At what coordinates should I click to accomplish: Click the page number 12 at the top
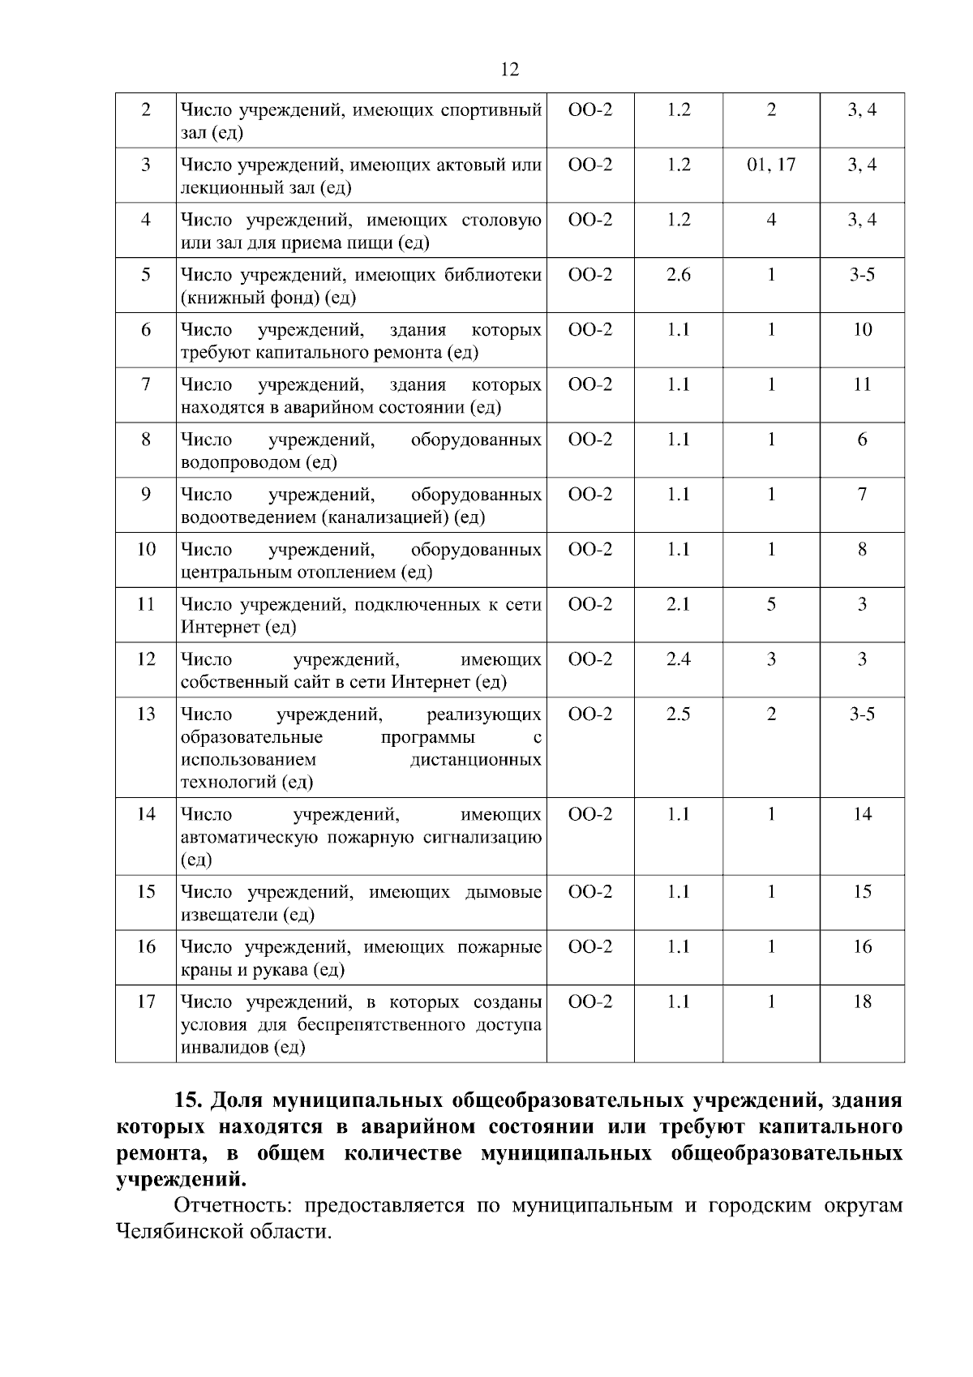(x=509, y=70)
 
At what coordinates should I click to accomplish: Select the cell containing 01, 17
(x=771, y=165)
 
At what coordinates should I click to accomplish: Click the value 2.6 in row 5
(x=679, y=275)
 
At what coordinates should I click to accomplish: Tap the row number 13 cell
(x=146, y=714)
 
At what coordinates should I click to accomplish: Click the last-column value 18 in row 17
(x=862, y=1002)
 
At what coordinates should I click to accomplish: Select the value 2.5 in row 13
(x=679, y=714)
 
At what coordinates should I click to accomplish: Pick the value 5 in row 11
(x=771, y=605)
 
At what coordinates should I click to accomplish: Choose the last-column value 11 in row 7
(x=862, y=385)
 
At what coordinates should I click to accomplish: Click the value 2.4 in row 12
(x=679, y=659)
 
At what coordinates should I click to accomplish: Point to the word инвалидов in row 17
(x=222, y=1048)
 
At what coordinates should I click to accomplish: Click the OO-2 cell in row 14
(x=590, y=814)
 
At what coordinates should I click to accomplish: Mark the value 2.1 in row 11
(x=679, y=605)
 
